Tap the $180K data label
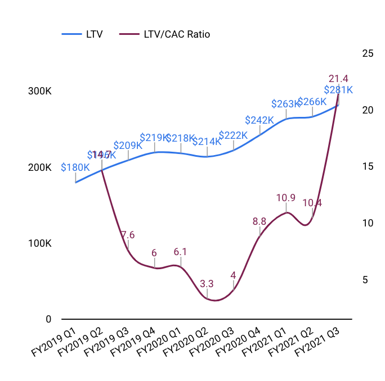point(75,167)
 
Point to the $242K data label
point(259,120)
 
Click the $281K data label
point(338,89)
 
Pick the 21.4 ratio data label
point(338,78)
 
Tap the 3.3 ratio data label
point(207,283)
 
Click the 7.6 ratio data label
point(128,235)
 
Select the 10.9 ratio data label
point(286,198)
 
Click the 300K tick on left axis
point(40,92)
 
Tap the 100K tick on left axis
point(40,243)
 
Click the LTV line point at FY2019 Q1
point(75,183)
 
